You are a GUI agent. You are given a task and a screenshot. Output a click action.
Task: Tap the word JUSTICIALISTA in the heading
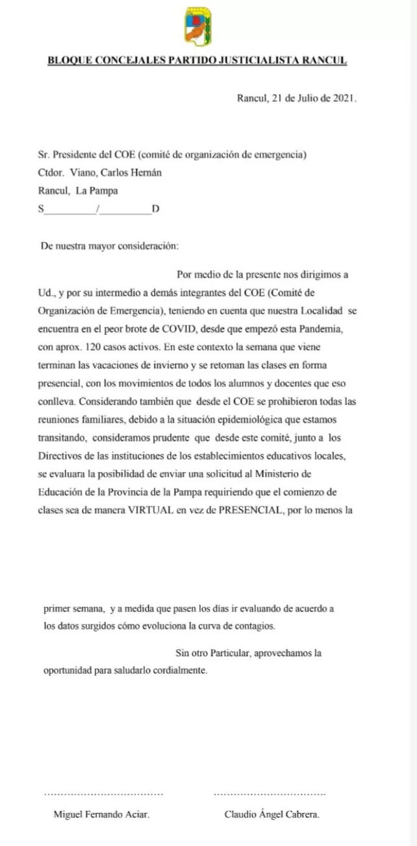click(261, 61)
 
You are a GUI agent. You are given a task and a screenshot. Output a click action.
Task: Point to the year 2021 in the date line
click(344, 98)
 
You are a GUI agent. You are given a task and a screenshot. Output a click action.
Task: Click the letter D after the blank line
click(155, 209)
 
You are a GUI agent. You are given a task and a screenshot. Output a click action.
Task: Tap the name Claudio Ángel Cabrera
click(272, 814)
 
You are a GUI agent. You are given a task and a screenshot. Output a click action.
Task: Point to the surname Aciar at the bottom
click(137, 814)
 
